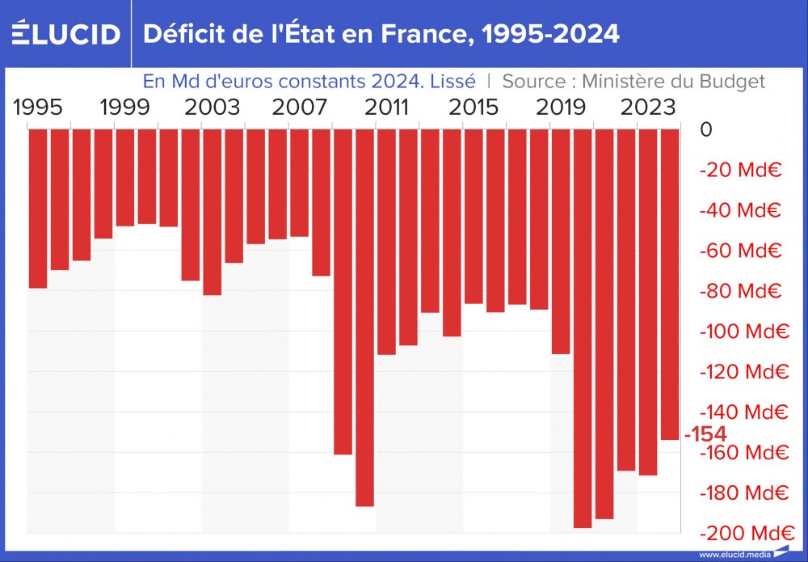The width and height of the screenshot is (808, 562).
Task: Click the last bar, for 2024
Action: click(669, 284)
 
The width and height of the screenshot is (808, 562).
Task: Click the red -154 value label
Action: click(705, 434)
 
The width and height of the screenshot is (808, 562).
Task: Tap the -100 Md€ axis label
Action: click(743, 332)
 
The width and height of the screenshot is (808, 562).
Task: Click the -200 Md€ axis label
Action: click(743, 534)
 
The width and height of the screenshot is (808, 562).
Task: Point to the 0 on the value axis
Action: click(706, 129)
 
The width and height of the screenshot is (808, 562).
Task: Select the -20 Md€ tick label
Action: click(739, 170)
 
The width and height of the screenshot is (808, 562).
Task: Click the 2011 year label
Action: click(386, 108)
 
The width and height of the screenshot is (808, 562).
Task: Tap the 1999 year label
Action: click(124, 108)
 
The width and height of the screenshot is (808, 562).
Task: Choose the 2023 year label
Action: click(648, 108)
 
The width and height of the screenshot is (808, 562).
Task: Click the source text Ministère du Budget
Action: click(633, 82)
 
